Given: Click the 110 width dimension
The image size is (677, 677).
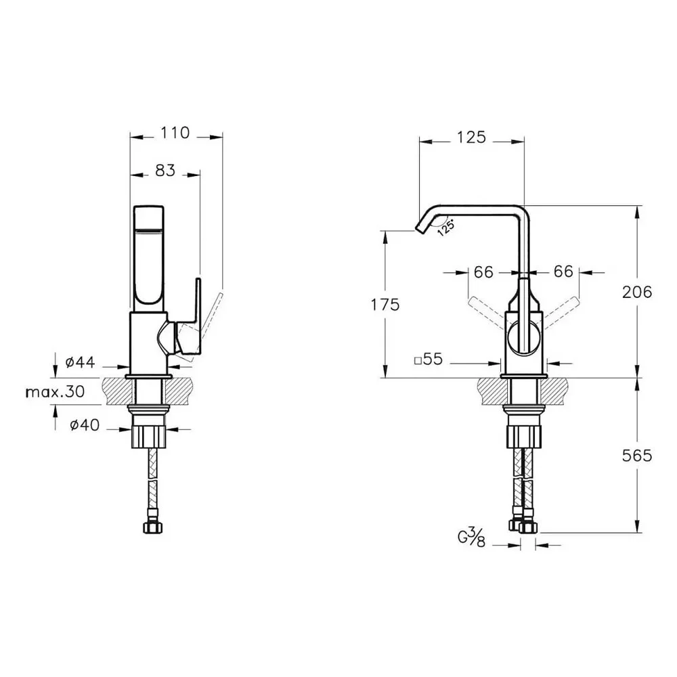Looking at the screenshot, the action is tap(175, 133).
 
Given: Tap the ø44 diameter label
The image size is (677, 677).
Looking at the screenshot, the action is tap(81, 362).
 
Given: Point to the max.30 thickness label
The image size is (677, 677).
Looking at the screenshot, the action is tap(56, 391).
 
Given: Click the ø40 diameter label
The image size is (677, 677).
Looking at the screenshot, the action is tap(85, 425).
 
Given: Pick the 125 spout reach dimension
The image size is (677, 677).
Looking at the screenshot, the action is tap(471, 137).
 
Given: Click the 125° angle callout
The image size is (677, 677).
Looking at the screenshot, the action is tap(446, 227).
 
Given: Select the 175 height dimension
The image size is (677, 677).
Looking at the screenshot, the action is tap(385, 305).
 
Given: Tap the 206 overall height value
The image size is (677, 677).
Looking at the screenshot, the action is tap(637, 292).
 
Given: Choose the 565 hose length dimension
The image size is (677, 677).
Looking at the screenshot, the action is tap(637, 456).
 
